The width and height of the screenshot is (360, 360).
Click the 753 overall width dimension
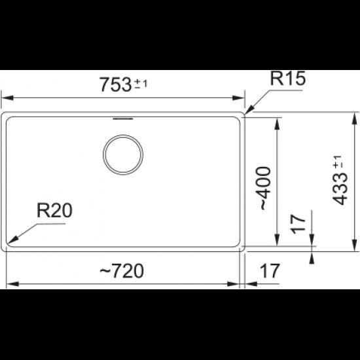115,84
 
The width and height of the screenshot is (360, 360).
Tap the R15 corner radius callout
288,79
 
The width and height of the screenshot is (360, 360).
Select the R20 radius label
54,211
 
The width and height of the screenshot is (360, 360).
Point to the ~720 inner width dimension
122,271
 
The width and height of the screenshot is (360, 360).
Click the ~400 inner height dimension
266,188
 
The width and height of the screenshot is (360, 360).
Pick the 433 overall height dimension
340,189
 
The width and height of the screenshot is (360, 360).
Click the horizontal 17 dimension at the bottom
270,271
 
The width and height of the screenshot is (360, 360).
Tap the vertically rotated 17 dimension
298,224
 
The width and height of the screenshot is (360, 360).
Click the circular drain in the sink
123,154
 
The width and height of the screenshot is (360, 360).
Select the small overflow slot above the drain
123,118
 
